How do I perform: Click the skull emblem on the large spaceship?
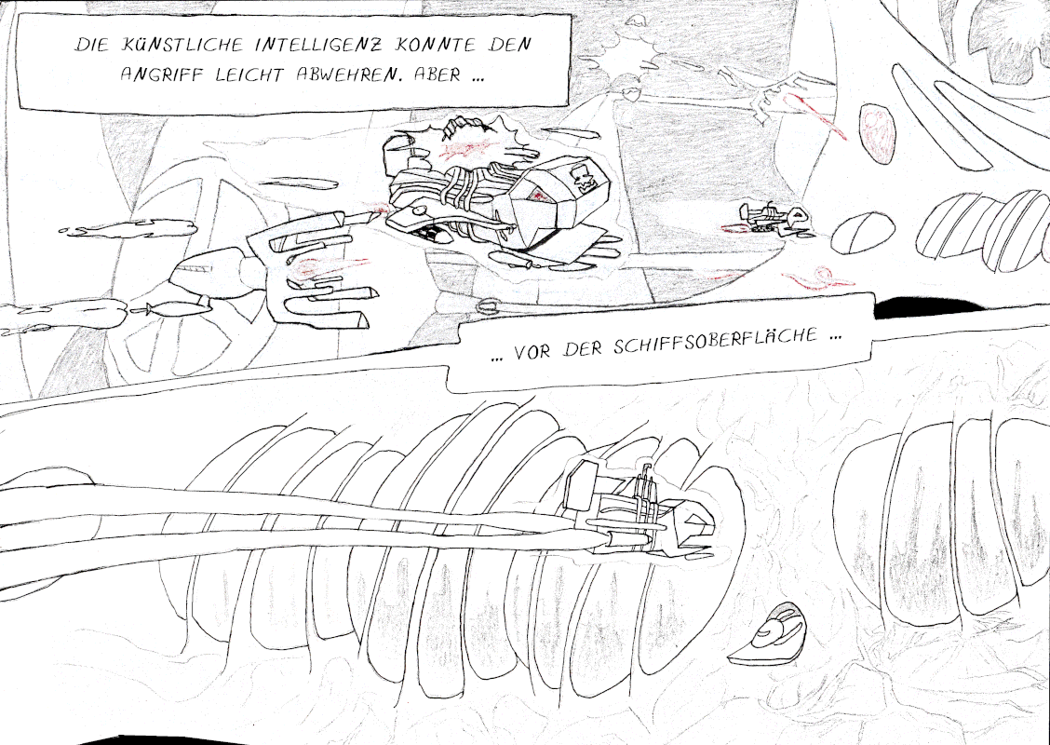[x=584, y=180]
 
